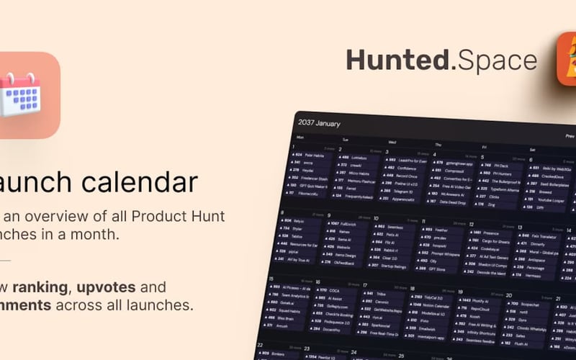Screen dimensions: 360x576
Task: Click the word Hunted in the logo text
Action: click(397, 60)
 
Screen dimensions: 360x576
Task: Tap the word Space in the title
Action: click(497, 60)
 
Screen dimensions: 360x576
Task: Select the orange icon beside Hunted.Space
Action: click(567, 61)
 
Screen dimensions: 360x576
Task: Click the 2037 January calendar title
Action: click(319, 123)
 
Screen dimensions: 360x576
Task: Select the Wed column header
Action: click(392, 143)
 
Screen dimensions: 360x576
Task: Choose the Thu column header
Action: click(438, 145)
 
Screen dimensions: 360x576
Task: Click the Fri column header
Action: click(484, 148)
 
